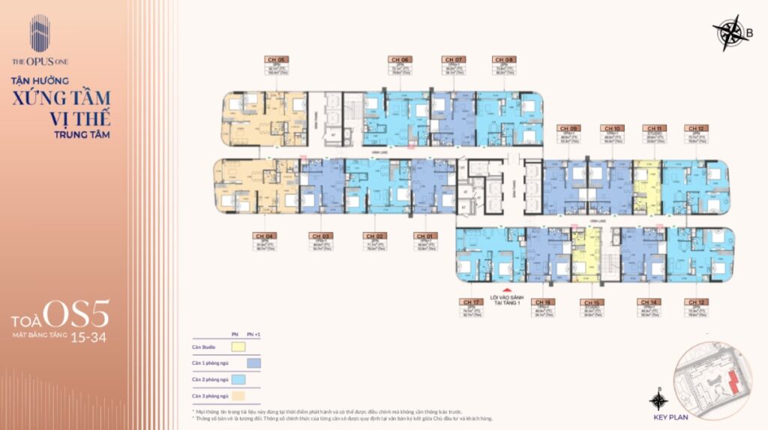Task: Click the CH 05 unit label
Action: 277,59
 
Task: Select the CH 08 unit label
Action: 503,59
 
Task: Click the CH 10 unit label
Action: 612,128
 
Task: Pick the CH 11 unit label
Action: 653,128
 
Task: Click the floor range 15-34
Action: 88,338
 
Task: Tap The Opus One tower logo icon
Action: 40,34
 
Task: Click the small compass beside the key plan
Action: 658,399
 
